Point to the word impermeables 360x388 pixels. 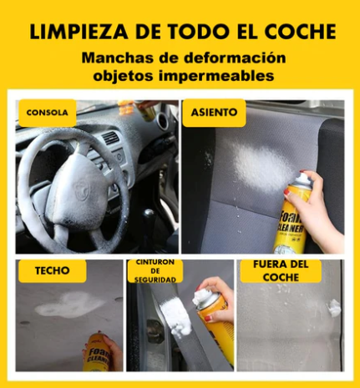coord(222,76)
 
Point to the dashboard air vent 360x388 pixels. coord(110,139)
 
